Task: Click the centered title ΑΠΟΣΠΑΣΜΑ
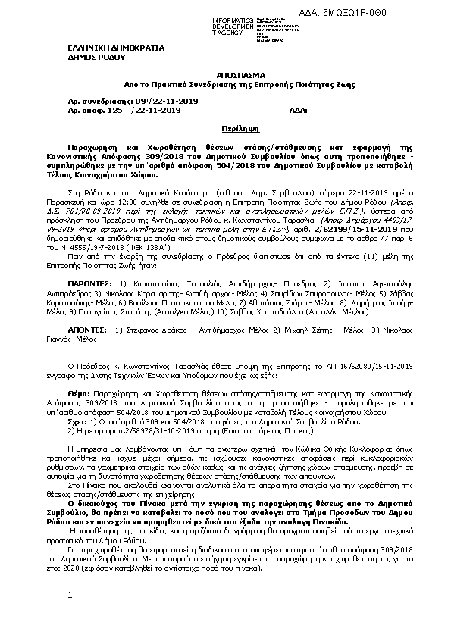225,77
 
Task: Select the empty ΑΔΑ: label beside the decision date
299,110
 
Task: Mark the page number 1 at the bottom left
68,616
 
